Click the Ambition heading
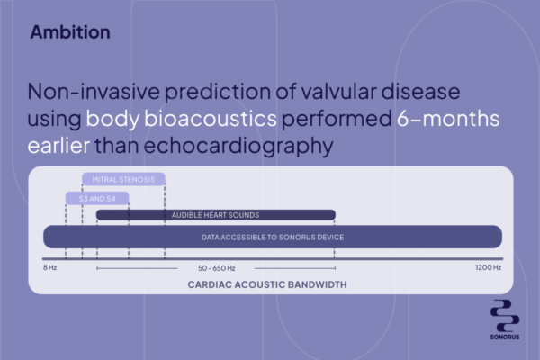(70, 32)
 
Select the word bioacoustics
(211, 119)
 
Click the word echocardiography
(238, 147)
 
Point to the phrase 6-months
(448, 119)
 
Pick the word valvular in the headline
(338, 92)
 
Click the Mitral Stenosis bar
(123, 179)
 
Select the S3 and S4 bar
(97, 198)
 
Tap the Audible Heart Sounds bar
(216, 215)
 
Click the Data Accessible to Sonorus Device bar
(273, 237)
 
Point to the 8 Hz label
(49, 267)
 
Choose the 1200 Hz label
(489, 267)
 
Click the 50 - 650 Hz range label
(216, 268)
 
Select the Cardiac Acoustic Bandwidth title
(267, 284)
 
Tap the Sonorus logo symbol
(505, 316)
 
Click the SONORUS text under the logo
(505, 337)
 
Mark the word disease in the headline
(420, 92)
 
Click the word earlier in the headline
(58, 146)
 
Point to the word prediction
(218, 93)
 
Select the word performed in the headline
(337, 119)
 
